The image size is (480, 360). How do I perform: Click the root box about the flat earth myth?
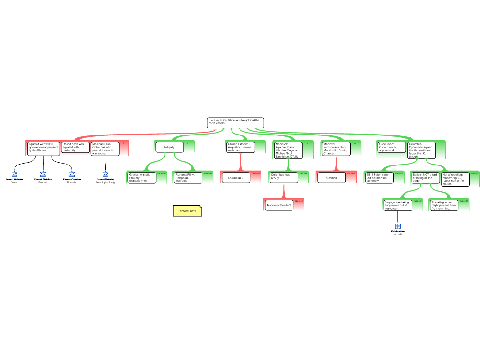tap(235, 123)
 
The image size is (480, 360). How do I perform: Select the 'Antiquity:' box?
tap(169, 147)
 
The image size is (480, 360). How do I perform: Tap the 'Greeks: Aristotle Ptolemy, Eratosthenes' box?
tap(142, 178)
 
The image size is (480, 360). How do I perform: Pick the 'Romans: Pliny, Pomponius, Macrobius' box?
tap(187, 178)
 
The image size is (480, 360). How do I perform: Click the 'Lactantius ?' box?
tap(236, 178)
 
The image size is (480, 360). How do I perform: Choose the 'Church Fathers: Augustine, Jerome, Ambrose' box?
tap(240, 147)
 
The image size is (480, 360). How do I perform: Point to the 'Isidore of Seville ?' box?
tap(279, 205)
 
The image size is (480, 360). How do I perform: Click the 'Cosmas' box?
tap(331, 178)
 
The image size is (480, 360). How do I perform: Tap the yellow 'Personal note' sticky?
tap(187, 211)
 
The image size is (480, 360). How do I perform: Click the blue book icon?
tap(397, 226)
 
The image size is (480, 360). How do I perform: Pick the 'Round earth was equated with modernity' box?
tap(75, 147)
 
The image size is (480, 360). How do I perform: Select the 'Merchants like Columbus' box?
tap(105, 149)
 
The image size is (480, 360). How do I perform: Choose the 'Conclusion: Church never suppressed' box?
tap(392, 147)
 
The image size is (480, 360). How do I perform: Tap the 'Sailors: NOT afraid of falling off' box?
tap(425, 178)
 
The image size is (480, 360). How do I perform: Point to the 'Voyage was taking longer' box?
tap(397, 205)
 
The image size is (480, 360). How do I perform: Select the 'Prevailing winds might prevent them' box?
tap(443, 205)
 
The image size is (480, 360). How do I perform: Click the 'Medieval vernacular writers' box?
tap(336, 149)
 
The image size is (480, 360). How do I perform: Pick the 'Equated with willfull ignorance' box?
tap(43, 148)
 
